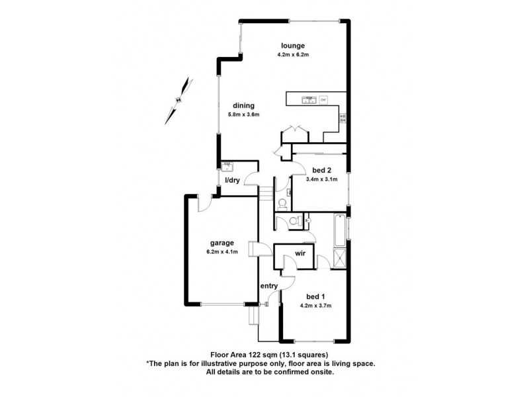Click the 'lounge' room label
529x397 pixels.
coord(291,45)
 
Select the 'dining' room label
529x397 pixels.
coord(243,105)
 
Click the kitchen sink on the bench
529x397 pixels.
coord(308,100)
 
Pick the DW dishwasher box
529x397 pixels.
coord(323,100)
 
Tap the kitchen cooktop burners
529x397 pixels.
coord(343,118)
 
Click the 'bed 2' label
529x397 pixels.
coord(322,169)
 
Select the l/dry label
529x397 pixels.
coord(231,180)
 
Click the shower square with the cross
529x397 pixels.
coord(341,257)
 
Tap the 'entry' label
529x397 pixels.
coord(268,286)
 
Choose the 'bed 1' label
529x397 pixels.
coord(315,296)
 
